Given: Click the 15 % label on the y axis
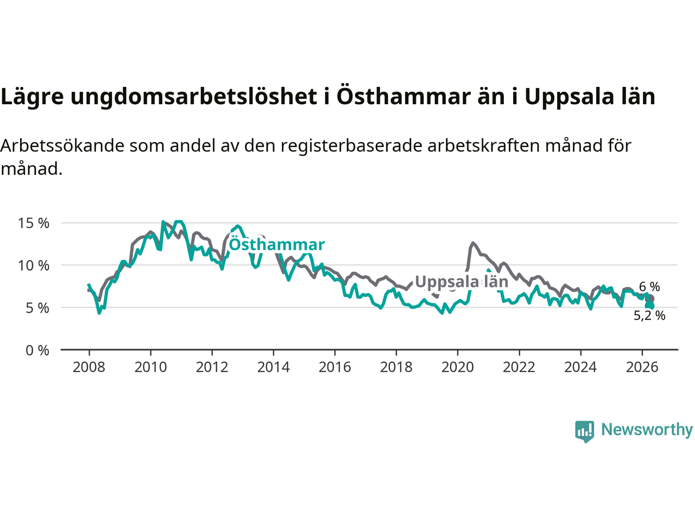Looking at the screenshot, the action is (34, 224).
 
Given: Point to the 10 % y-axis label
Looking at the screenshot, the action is (34, 266).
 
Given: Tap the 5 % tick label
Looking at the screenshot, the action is (37, 308).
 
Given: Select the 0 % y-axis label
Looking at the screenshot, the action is (37, 351).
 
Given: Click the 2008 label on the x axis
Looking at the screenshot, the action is (89, 367).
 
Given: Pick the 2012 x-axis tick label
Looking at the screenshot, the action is (212, 367).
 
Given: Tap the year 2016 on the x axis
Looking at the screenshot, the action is (334, 367).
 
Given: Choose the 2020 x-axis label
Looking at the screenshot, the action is (458, 367).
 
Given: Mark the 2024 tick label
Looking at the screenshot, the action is (580, 367).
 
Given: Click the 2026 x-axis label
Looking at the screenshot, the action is (642, 367).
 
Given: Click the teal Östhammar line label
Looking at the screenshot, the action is (277, 245).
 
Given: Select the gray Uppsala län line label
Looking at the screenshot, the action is (462, 282).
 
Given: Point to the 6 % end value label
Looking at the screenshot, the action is (649, 287).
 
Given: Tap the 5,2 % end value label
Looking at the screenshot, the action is (649, 316).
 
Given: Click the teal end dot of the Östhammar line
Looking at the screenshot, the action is (650, 306).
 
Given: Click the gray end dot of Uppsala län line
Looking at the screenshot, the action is (650, 299).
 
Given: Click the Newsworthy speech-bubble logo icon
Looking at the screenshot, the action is (584, 431).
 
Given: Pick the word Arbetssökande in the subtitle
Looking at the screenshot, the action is (62, 146).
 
